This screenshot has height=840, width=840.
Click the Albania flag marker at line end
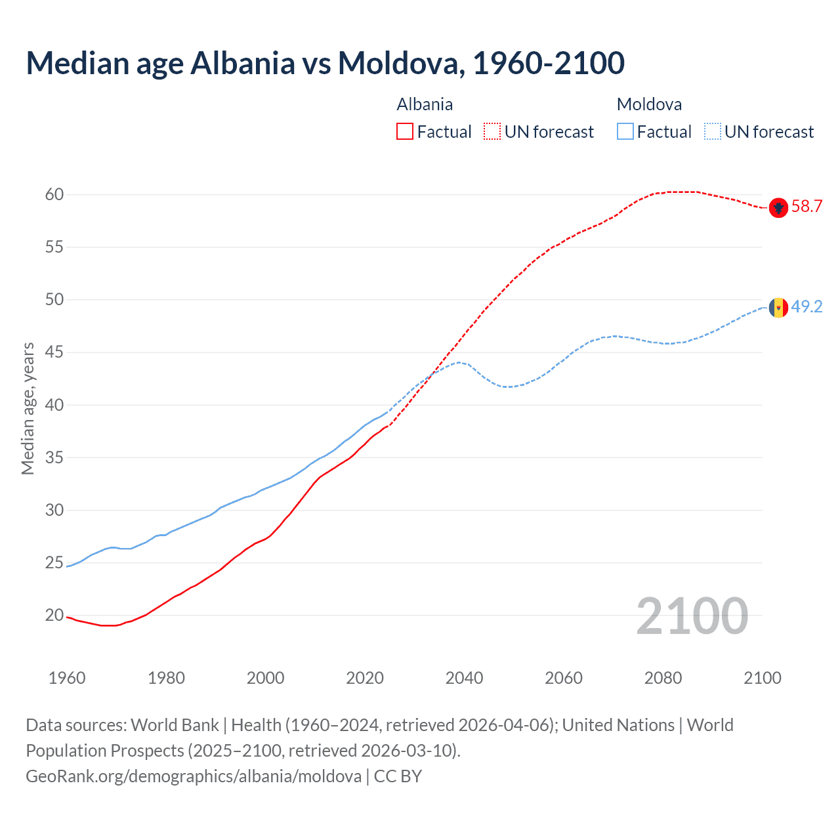pyautogui.click(x=778, y=207)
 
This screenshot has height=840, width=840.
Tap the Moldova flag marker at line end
pyautogui.click(x=778, y=307)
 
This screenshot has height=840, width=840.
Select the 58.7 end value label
pyautogui.click(x=807, y=207)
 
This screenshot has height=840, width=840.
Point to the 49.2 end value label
pyautogui.click(x=807, y=307)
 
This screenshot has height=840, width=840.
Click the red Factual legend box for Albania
pyautogui.click(x=405, y=132)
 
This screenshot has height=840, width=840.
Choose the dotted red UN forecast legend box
pyautogui.click(x=492, y=132)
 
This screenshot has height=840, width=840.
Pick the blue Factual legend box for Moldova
pyautogui.click(x=625, y=132)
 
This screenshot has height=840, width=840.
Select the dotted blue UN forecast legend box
pyautogui.click(x=713, y=132)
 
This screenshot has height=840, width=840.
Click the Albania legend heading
pyautogui.click(x=425, y=104)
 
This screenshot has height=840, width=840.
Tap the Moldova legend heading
pyautogui.click(x=649, y=104)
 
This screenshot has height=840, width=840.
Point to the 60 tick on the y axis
pyautogui.click(x=54, y=195)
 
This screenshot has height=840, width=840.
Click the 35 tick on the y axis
pyautogui.click(x=54, y=457)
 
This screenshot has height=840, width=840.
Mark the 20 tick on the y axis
pyautogui.click(x=54, y=616)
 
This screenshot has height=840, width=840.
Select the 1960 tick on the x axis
pyautogui.click(x=67, y=678)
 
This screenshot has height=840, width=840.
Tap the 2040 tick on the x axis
pyautogui.click(x=464, y=678)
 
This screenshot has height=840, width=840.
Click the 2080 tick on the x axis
pyautogui.click(x=663, y=678)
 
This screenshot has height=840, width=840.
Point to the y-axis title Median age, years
pyautogui.click(x=28, y=408)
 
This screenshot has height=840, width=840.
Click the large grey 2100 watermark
pyautogui.click(x=692, y=616)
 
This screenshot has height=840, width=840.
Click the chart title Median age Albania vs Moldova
pyautogui.click(x=325, y=63)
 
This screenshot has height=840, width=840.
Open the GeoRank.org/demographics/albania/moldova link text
pyautogui.click(x=194, y=776)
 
